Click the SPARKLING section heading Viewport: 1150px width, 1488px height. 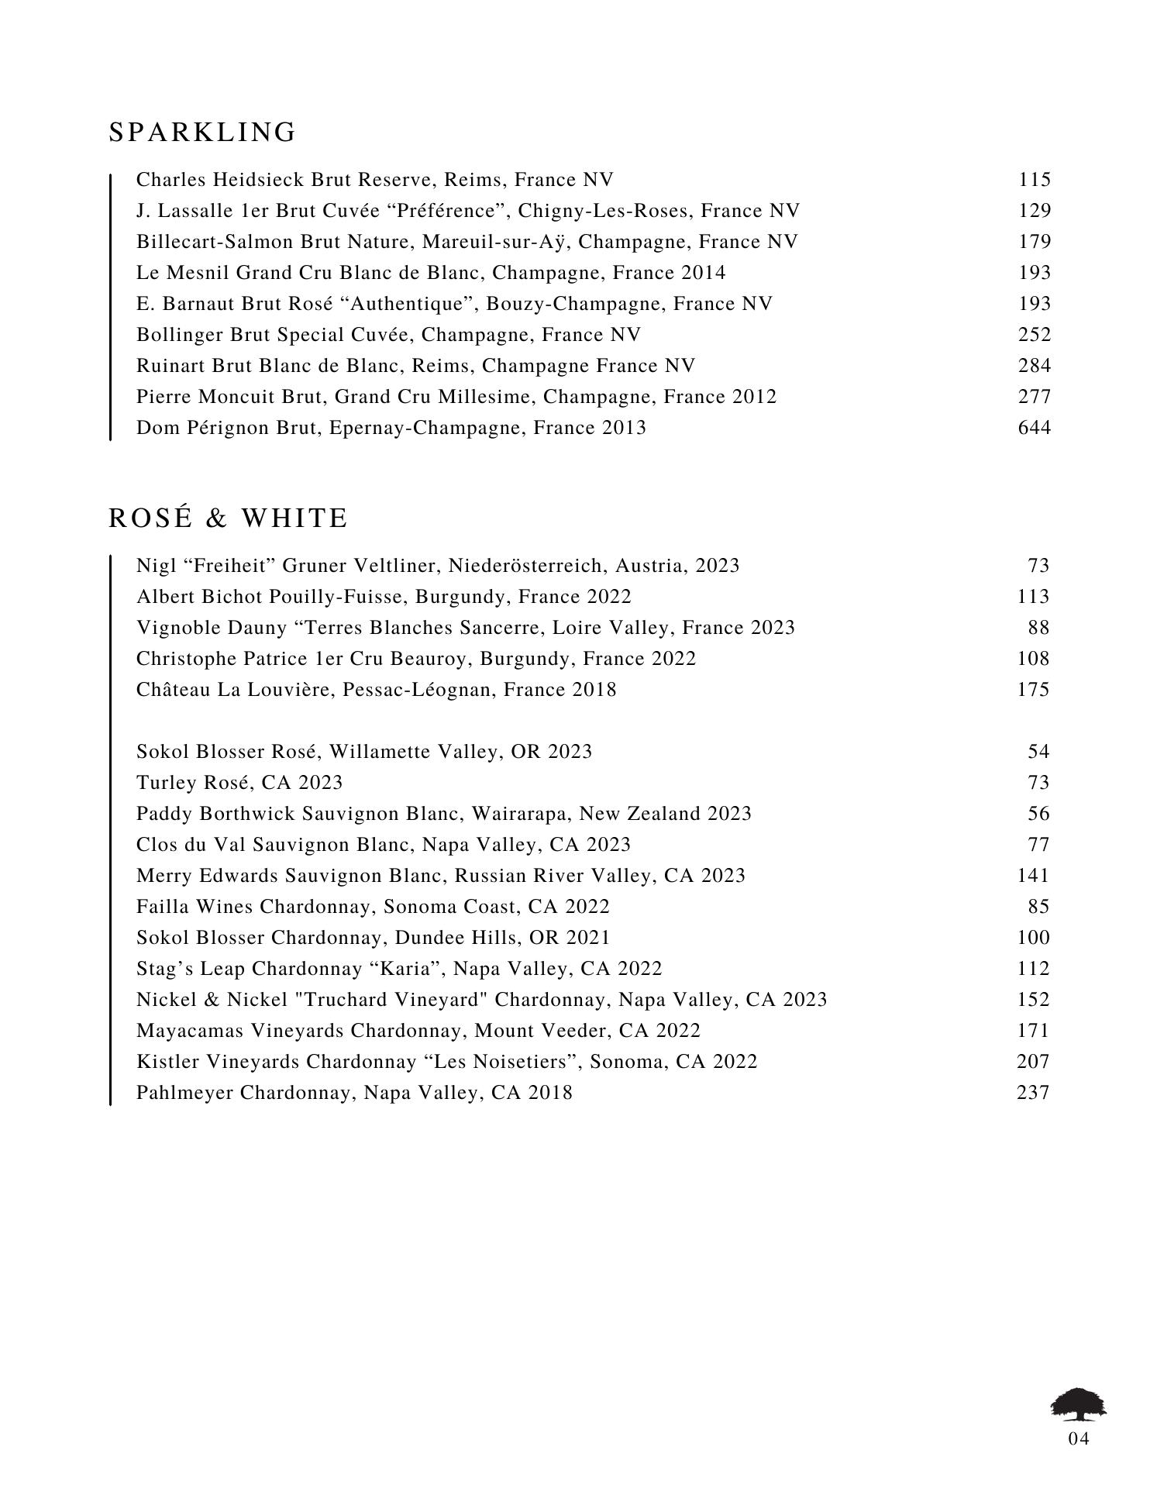[x=202, y=133]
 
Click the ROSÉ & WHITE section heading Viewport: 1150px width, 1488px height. [x=229, y=518]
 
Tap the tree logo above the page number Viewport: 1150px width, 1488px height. [x=1078, y=1405]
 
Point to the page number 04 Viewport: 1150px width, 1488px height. [x=1079, y=1439]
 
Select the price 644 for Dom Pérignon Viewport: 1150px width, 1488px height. [x=1035, y=428]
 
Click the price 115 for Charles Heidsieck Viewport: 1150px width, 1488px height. [x=1035, y=180]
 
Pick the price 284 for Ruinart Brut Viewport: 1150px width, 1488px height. [x=1035, y=366]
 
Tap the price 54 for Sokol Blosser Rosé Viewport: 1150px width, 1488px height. [x=1038, y=752]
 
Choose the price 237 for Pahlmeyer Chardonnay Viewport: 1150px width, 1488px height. [x=1033, y=1093]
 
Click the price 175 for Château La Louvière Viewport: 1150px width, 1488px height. [x=1033, y=690]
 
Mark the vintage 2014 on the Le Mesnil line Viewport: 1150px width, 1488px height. [x=704, y=273]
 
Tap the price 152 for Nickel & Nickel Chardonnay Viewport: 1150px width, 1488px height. [x=1033, y=1000]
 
